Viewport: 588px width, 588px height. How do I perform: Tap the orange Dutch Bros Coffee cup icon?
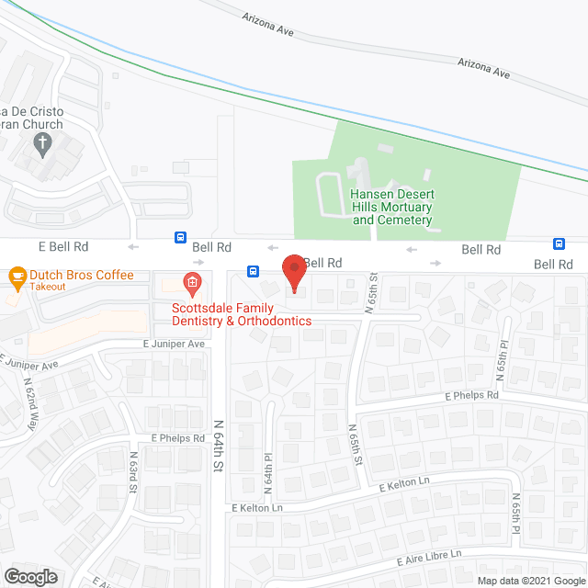coord(16,276)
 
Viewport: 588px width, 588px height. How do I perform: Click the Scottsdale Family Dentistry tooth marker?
coord(191,281)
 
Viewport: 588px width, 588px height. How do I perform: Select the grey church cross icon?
coord(41,142)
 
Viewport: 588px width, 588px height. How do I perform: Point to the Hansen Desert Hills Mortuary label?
coord(391,207)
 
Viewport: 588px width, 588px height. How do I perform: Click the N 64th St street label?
coord(219,446)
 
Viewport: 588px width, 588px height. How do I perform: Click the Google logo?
coord(29,577)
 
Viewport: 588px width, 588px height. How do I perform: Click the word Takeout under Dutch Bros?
coord(47,287)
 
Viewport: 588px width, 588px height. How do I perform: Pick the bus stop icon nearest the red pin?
coord(253,271)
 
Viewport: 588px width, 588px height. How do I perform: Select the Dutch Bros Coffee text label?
coord(81,275)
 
